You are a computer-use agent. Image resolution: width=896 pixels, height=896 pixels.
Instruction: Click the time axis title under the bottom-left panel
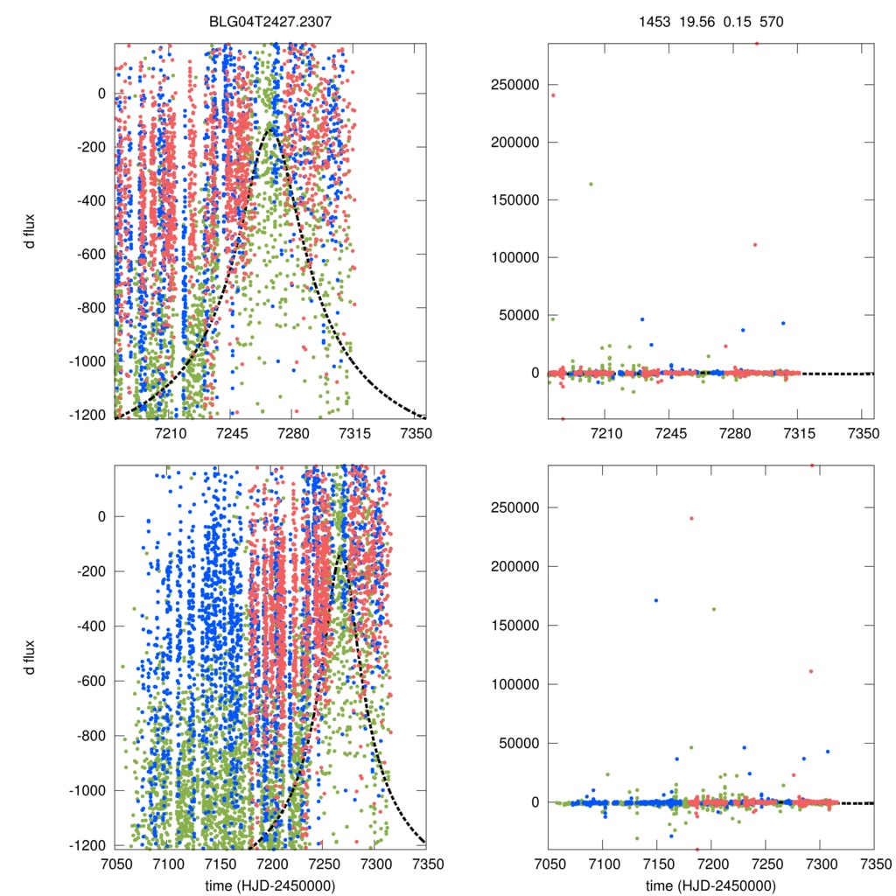click(x=269, y=885)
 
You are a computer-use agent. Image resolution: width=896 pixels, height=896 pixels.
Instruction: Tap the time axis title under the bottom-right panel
click(x=710, y=885)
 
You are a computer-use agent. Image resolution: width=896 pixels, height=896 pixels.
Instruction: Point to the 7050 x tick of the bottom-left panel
click(x=115, y=862)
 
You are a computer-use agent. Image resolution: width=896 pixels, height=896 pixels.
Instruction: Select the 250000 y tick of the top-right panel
click(x=516, y=85)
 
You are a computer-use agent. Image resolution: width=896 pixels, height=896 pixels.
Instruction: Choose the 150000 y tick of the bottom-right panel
click(x=516, y=625)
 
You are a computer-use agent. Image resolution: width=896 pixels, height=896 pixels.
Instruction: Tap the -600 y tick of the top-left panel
click(x=90, y=255)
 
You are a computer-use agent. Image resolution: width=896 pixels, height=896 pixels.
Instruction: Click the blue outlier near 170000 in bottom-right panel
click(x=656, y=600)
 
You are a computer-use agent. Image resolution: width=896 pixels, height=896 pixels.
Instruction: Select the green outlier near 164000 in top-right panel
click(x=591, y=184)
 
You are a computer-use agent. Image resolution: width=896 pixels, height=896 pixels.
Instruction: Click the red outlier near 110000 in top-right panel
click(x=754, y=245)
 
